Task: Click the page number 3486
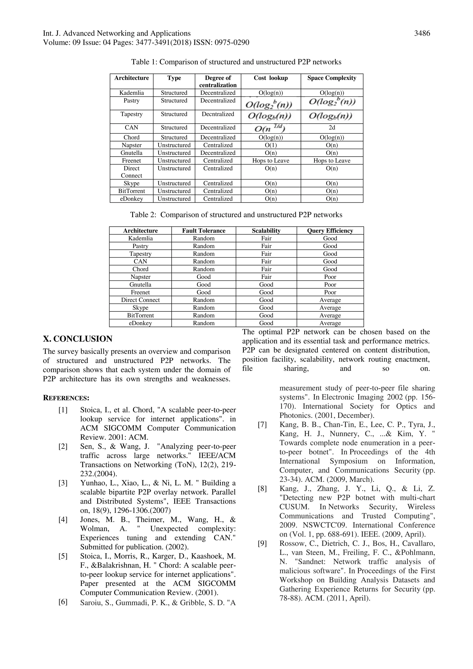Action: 422,33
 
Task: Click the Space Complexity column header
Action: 331,78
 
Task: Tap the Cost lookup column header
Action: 271,78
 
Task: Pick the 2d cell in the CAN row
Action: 331,128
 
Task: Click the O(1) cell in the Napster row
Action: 271,145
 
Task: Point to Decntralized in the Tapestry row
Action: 218,114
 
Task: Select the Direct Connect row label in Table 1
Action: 131,172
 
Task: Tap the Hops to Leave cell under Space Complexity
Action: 331,161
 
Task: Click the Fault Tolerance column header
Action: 203,231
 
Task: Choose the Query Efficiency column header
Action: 330,231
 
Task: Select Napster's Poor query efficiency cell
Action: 330,277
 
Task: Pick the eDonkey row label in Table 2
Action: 140,323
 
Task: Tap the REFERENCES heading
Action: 66,398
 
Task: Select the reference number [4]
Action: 63,520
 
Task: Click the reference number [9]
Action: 262,543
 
